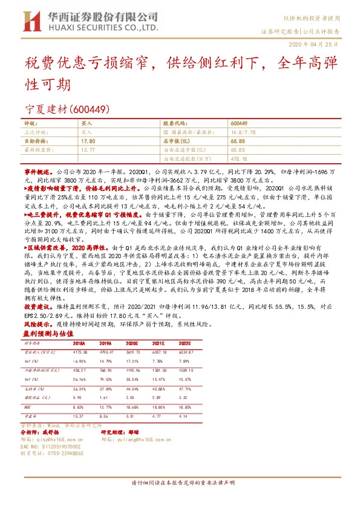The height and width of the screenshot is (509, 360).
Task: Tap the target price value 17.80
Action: (88, 139)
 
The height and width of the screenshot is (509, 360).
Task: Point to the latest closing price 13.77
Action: (88, 148)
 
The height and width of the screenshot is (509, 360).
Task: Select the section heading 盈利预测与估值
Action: (47, 333)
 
